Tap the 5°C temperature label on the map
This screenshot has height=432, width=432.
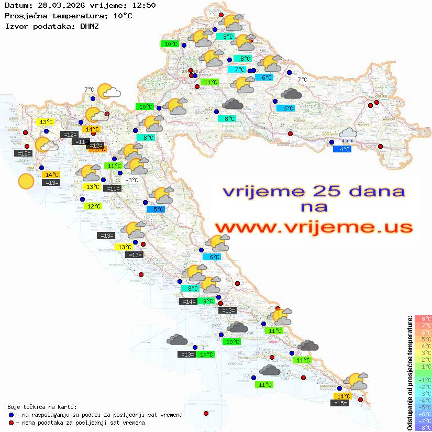(x=158, y=209)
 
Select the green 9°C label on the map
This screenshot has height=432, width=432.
(x=208, y=301)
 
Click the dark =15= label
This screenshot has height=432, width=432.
(x=341, y=403)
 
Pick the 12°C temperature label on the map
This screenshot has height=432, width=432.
(x=93, y=206)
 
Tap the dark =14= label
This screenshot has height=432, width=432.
(x=189, y=302)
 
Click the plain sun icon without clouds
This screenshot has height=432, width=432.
(x=25, y=181)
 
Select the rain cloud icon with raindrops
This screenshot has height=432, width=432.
(x=347, y=135)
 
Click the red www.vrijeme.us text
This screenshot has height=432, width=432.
(x=313, y=227)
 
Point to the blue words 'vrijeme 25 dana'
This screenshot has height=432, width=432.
(x=313, y=191)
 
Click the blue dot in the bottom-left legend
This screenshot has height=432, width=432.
(x=11, y=415)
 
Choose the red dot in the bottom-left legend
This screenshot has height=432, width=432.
(x=11, y=423)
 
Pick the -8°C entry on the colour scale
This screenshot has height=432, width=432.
(x=423, y=427)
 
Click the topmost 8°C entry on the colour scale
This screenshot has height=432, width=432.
(x=423, y=319)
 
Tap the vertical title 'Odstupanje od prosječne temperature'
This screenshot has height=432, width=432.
(x=409, y=373)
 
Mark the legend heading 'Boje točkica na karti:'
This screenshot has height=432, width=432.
(x=42, y=407)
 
